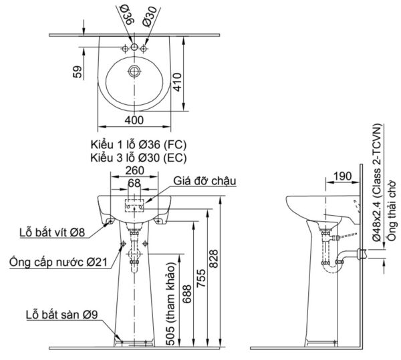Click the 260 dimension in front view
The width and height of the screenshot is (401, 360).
pyautogui.click(x=134, y=171)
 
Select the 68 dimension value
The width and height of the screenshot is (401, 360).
pyautogui.click(x=134, y=182)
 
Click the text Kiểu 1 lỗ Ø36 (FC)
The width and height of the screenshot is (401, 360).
pyautogui.click(x=136, y=145)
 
